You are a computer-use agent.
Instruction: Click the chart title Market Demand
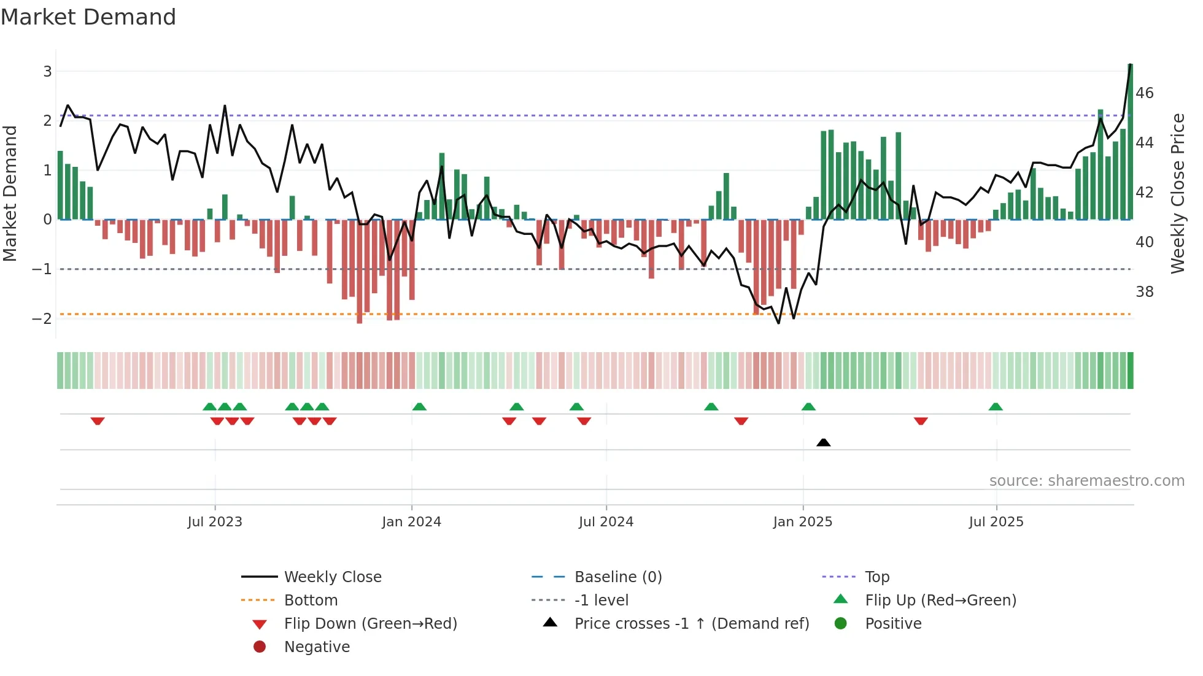pyautogui.click(x=88, y=17)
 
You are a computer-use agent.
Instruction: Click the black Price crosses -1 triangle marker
pyautogui.click(x=824, y=442)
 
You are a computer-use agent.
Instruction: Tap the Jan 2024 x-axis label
pyautogui.click(x=411, y=522)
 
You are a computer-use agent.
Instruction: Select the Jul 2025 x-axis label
pyautogui.click(x=996, y=522)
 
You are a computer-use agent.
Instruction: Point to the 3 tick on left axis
pyautogui.click(x=47, y=72)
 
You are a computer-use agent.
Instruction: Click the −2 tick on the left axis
pyautogui.click(x=42, y=319)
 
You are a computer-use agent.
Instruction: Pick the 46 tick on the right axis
pyautogui.click(x=1145, y=93)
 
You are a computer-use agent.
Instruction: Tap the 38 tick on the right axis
pyautogui.click(x=1145, y=292)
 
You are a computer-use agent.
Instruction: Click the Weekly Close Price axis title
pyautogui.click(x=1177, y=193)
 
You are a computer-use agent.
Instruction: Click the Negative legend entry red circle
pyautogui.click(x=260, y=647)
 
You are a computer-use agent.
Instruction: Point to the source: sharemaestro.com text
pyautogui.click(x=1086, y=481)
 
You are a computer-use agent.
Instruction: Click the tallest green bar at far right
pyautogui.click(x=1130, y=141)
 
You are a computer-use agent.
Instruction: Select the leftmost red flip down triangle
pyautogui.click(x=98, y=421)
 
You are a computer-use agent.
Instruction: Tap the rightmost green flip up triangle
pyautogui.click(x=996, y=407)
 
